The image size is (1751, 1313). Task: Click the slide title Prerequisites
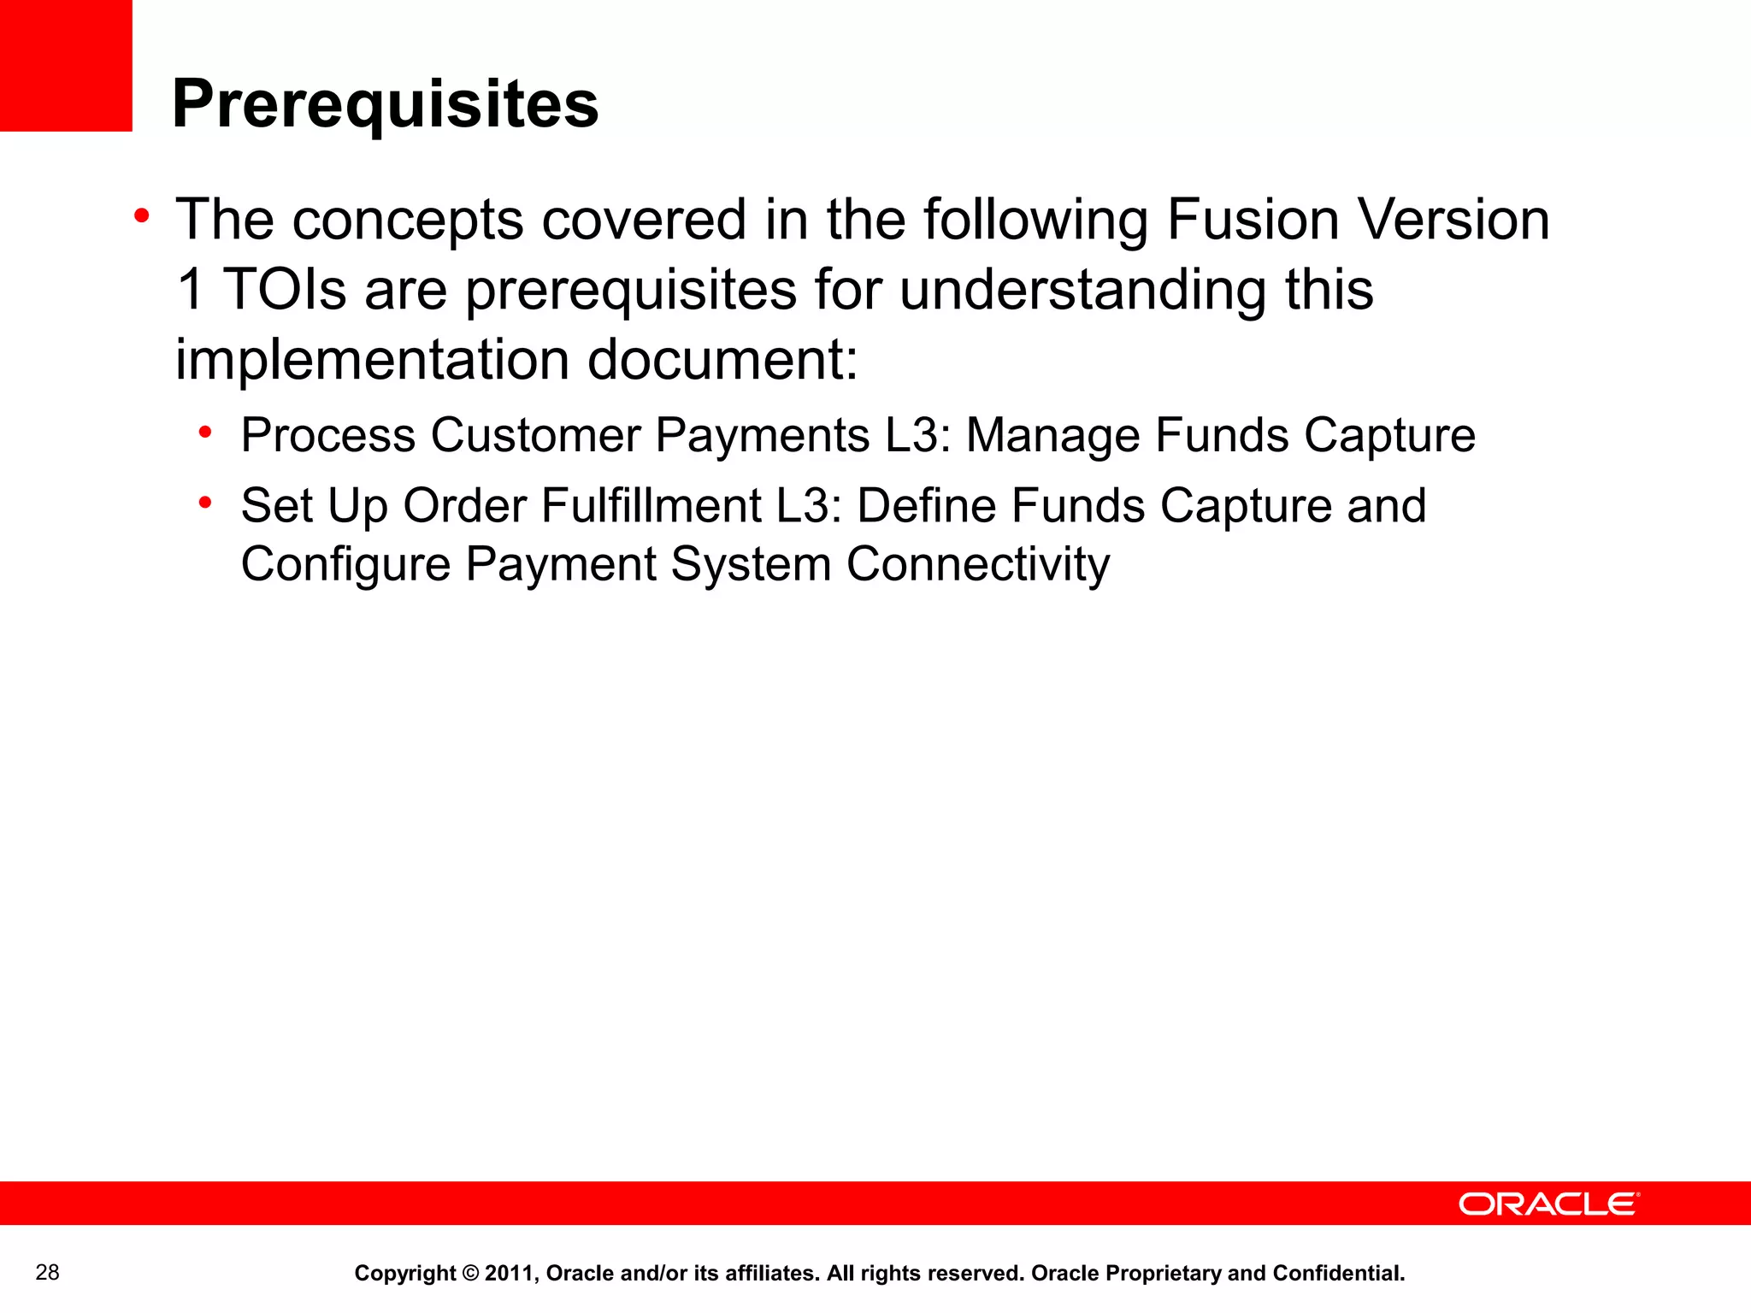tap(385, 104)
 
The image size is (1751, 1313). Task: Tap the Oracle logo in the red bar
tap(1548, 1204)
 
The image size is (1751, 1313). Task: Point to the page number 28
tap(48, 1273)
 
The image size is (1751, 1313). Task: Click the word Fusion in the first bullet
tap(1253, 220)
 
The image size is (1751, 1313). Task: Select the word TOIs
tap(285, 289)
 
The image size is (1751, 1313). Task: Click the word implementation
tap(372, 359)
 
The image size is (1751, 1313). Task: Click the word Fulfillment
tap(651, 505)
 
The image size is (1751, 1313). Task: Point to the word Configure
tap(345, 564)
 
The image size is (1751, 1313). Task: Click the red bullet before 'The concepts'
tap(142, 215)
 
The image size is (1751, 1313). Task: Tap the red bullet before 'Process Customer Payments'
tap(204, 433)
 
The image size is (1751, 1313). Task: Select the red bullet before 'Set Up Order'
tap(204, 503)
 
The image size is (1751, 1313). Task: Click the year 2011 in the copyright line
tap(510, 1274)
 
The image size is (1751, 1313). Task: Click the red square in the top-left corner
tap(66, 65)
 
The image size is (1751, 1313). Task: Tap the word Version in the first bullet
tap(1453, 220)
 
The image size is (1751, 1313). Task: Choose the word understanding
tap(1082, 289)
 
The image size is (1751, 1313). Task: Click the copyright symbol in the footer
tap(470, 1274)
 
